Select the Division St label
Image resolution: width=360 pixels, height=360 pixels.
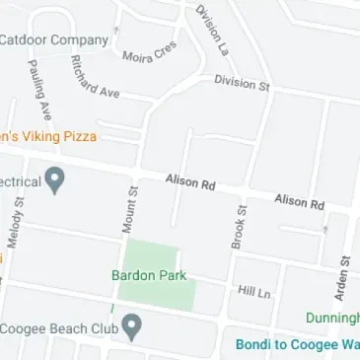242,84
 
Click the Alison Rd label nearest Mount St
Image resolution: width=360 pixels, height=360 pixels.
189,183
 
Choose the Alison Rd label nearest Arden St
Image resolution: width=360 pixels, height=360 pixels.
299,201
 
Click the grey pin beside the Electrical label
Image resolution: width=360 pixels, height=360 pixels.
56,180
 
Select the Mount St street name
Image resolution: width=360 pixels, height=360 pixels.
129,208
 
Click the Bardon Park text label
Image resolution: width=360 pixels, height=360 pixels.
149,276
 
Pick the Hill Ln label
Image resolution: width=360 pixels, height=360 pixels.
252,291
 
